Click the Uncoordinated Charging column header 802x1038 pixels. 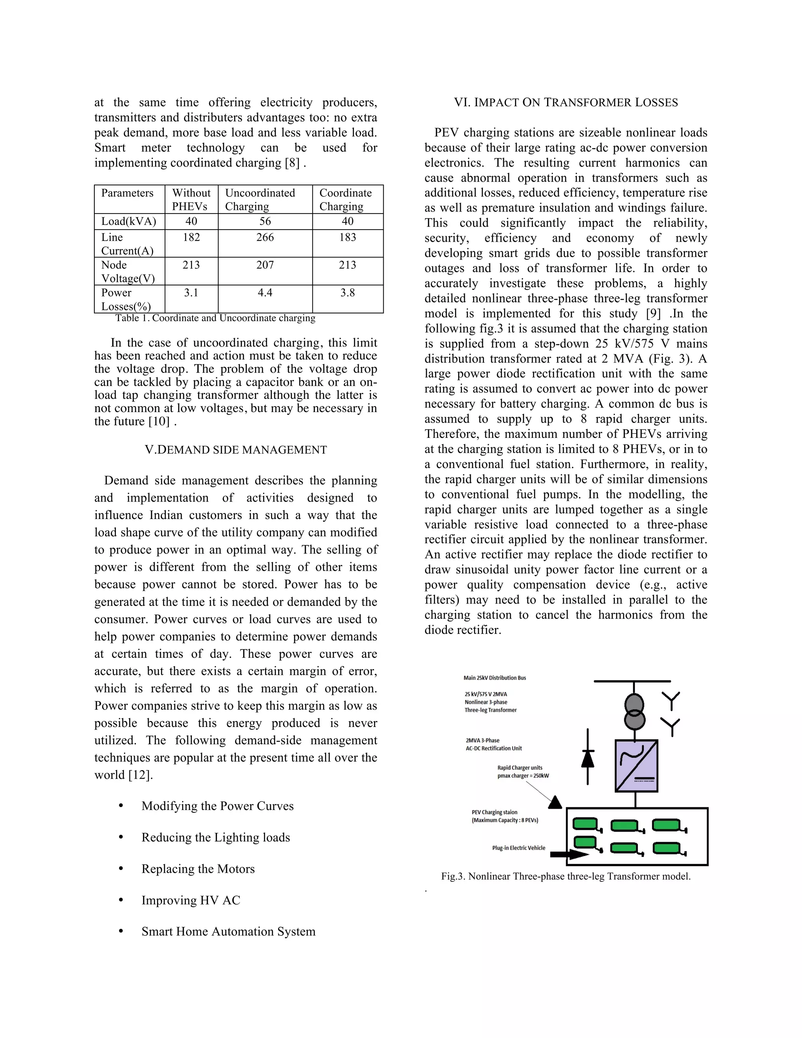click(x=260, y=199)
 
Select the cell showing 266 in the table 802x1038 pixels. click(x=265, y=237)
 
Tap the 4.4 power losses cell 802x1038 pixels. click(x=265, y=293)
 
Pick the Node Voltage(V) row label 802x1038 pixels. click(x=128, y=271)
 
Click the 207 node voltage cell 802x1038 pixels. click(x=265, y=265)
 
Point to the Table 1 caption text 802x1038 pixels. click(x=215, y=318)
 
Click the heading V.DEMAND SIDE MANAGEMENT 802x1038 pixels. click(x=236, y=450)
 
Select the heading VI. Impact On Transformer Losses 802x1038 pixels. click(x=566, y=103)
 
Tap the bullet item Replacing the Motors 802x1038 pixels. click(x=198, y=869)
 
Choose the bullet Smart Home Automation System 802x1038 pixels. click(x=228, y=931)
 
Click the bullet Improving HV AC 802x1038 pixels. click(x=191, y=900)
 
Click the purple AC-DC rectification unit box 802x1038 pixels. click(x=636, y=766)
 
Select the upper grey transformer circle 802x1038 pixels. click(x=634, y=704)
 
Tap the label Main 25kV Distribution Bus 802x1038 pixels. click(x=495, y=678)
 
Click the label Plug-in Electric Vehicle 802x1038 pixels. click(x=518, y=848)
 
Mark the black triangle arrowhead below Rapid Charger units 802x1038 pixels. click(x=555, y=803)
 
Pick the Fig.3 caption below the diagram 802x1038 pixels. click(x=565, y=876)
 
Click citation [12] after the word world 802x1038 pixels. click(x=141, y=775)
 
